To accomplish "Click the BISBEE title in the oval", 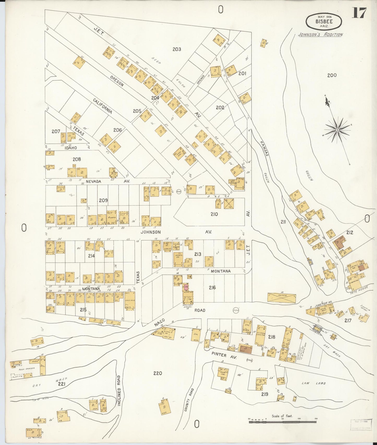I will click(324, 22).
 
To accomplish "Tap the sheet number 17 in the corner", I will click(359, 13).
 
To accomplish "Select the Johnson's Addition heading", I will click(320, 34).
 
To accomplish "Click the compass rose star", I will click(337, 130).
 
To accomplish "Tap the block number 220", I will click(158, 373).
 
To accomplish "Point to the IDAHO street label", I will click(71, 148).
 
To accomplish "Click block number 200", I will click(332, 75).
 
